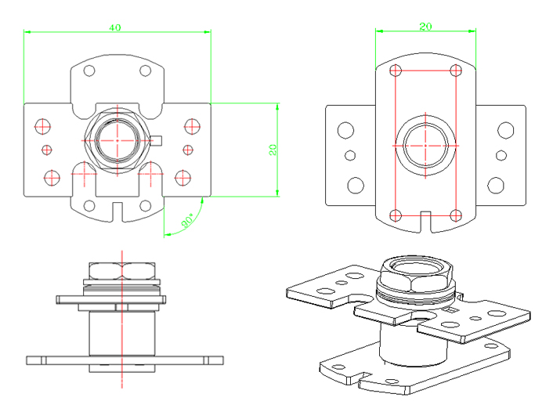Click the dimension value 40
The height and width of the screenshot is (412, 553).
[114, 27]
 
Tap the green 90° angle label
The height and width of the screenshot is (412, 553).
[189, 221]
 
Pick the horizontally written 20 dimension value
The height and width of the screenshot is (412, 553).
[425, 27]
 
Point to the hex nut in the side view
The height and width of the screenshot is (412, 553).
[122, 272]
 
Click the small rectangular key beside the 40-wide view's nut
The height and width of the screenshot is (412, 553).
[157, 141]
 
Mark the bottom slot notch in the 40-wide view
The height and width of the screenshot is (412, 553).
[117, 211]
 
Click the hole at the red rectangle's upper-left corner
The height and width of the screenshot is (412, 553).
[396, 70]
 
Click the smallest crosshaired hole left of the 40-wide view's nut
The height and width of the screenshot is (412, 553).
[47, 149]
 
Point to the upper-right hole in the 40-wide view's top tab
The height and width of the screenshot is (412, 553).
[145, 70]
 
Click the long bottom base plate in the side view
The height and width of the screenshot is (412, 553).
[122, 360]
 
